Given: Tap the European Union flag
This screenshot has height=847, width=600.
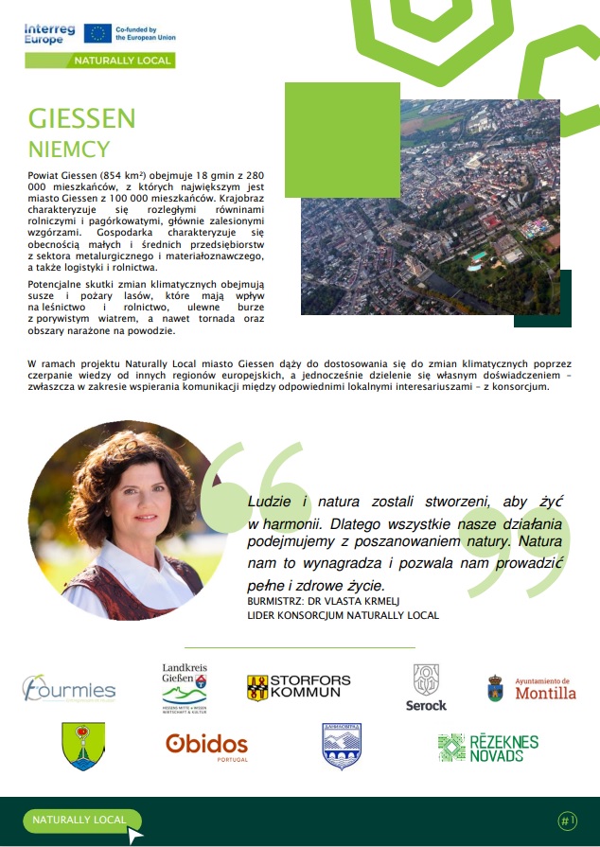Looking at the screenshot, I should [97, 34].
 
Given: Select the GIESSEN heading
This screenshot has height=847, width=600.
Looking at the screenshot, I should [82, 118].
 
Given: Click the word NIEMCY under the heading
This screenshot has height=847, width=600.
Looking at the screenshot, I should [69, 149].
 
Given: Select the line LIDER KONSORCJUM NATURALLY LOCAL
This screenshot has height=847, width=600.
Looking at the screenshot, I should [344, 616].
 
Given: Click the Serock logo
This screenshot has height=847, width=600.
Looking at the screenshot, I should [426, 688].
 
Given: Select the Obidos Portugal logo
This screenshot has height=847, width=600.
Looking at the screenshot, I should [207, 745].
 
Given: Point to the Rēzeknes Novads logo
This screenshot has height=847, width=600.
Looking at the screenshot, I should [487, 746].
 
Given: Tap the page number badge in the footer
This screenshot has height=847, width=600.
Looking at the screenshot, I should [567, 821].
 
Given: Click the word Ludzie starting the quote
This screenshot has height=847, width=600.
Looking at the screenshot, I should [268, 501].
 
